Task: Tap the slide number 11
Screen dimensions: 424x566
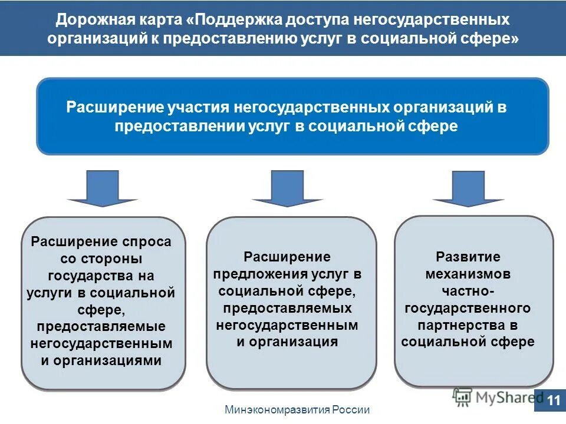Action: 553,400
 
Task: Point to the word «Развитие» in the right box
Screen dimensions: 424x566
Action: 468,257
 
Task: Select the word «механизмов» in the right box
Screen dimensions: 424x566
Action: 468,274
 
